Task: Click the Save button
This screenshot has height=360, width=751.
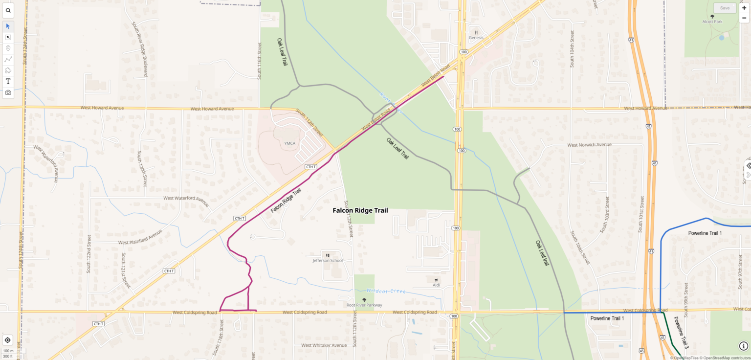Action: tap(725, 8)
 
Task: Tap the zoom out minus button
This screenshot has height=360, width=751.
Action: tap(744, 18)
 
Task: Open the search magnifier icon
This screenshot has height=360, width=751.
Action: tap(8, 10)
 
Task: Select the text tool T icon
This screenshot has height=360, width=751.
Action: tap(8, 81)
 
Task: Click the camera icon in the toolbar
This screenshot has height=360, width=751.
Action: tap(8, 92)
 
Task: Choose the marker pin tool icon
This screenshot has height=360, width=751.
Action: tap(8, 48)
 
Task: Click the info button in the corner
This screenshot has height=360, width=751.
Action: tap(744, 346)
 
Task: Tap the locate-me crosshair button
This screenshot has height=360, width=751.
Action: tap(8, 340)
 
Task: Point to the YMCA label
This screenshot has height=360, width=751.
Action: tap(290, 143)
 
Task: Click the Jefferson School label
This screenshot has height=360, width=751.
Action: tap(328, 260)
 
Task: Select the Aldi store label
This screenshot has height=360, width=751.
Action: tap(436, 285)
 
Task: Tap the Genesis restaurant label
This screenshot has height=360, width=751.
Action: tap(476, 38)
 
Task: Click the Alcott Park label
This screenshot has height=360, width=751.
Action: tap(712, 22)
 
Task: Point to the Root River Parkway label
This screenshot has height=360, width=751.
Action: tap(364, 305)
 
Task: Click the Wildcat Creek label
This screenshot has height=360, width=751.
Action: tap(386, 291)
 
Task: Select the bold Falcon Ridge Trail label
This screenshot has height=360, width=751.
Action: tap(360, 210)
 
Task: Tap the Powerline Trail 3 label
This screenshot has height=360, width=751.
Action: tap(681, 333)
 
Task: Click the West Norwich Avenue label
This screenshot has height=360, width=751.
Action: tap(589, 145)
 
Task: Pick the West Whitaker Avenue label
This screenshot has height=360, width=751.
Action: tap(324, 345)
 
